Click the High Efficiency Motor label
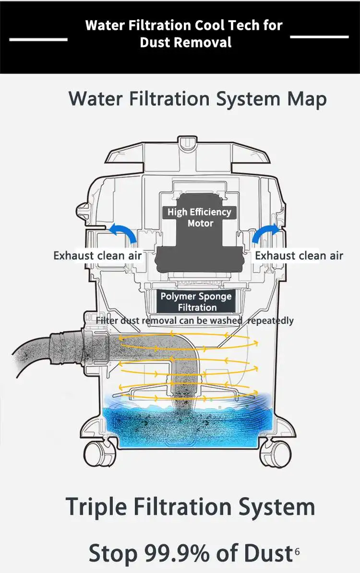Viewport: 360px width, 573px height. point(199,217)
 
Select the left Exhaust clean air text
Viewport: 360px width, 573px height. point(97,255)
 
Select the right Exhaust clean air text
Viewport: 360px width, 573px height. point(299,255)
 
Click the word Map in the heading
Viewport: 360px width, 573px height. point(307,99)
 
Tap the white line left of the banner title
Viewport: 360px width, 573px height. point(38,39)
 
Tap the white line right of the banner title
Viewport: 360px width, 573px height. point(319,36)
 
